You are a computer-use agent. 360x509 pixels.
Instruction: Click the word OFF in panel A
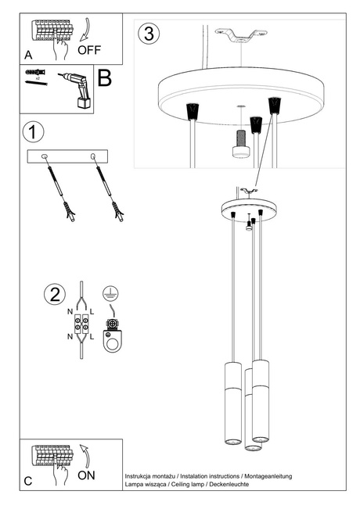90,47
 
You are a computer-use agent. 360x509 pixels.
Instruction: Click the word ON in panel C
87,475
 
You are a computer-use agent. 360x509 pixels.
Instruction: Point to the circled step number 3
149,34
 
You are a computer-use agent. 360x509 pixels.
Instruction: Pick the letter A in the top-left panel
29,56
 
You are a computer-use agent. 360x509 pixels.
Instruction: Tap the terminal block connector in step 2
82,322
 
